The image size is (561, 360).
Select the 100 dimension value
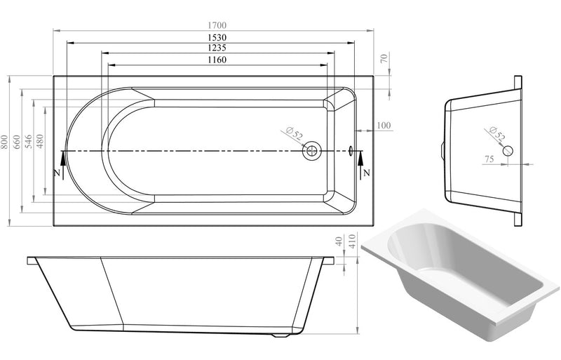click(x=383, y=126)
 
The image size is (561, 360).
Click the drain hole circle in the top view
click(x=311, y=151)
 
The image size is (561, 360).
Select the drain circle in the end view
click(x=508, y=149)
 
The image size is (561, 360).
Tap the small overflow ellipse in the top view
click(x=351, y=150)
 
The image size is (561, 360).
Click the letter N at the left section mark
click(x=57, y=173)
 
